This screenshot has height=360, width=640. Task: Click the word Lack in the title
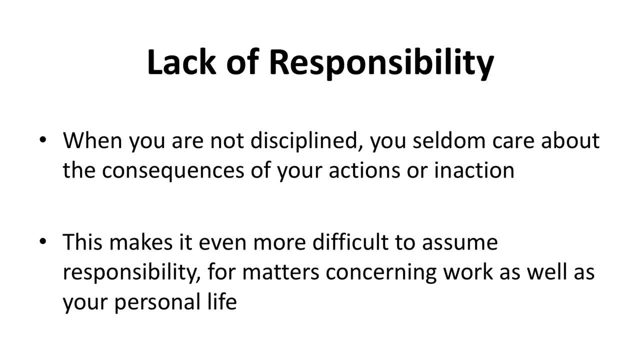(181, 62)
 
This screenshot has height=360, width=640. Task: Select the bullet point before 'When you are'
(43, 139)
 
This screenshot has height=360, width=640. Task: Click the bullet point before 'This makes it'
(43, 241)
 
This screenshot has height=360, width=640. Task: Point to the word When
(92, 140)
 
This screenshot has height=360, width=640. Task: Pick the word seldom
(449, 140)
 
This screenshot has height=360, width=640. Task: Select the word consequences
(173, 172)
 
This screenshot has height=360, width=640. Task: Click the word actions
(364, 170)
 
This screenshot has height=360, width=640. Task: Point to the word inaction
(474, 170)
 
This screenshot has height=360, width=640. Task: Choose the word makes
(141, 242)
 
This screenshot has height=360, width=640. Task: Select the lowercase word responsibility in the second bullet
(131, 273)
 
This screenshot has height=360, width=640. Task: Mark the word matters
(280, 273)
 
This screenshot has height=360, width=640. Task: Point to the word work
(468, 272)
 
